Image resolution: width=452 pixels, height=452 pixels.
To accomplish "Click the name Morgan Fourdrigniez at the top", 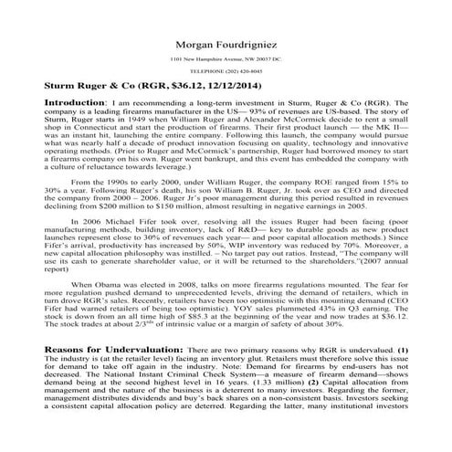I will click(x=225, y=42).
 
